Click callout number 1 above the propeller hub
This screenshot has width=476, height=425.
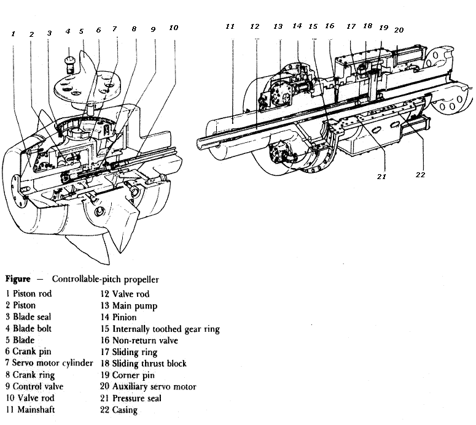13,34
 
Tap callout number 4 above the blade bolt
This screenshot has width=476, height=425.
68,31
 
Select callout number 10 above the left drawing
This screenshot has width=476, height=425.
174,28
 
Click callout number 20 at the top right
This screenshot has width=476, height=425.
399,29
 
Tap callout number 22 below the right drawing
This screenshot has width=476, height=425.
420,175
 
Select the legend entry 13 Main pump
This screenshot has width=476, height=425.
129,305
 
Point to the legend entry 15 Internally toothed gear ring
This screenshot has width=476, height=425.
160,329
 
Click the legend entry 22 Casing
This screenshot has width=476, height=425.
119,410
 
